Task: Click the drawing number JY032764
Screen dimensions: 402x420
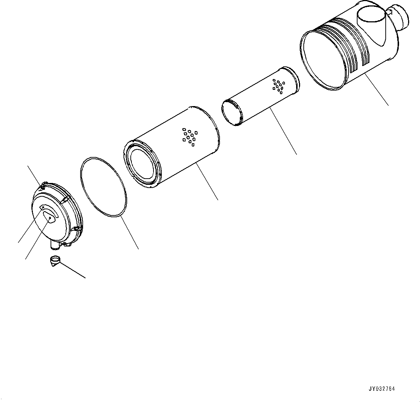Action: click(381, 389)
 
